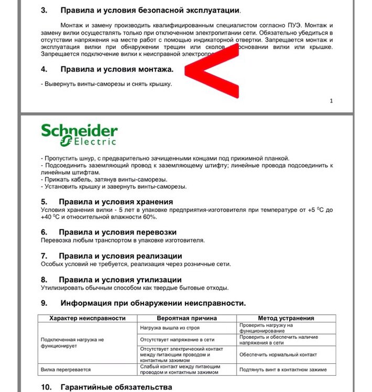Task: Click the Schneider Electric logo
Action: tap(80, 134)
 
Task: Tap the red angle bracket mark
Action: tap(212, 73)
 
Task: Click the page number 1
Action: tap(331, 101)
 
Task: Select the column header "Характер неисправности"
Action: tap(87, 318)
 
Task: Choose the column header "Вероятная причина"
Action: tap(186, 318)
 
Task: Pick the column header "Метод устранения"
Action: tap(286, 318)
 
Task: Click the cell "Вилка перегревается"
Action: tap(65, 370)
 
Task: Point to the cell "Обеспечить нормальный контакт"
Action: tap(278, 354)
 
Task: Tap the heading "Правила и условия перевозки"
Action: tap(117, 232)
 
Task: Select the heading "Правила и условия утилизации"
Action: tap(120, 280)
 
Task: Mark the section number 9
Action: tap(44, 303)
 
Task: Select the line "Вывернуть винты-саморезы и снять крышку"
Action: tap(107, 84)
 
